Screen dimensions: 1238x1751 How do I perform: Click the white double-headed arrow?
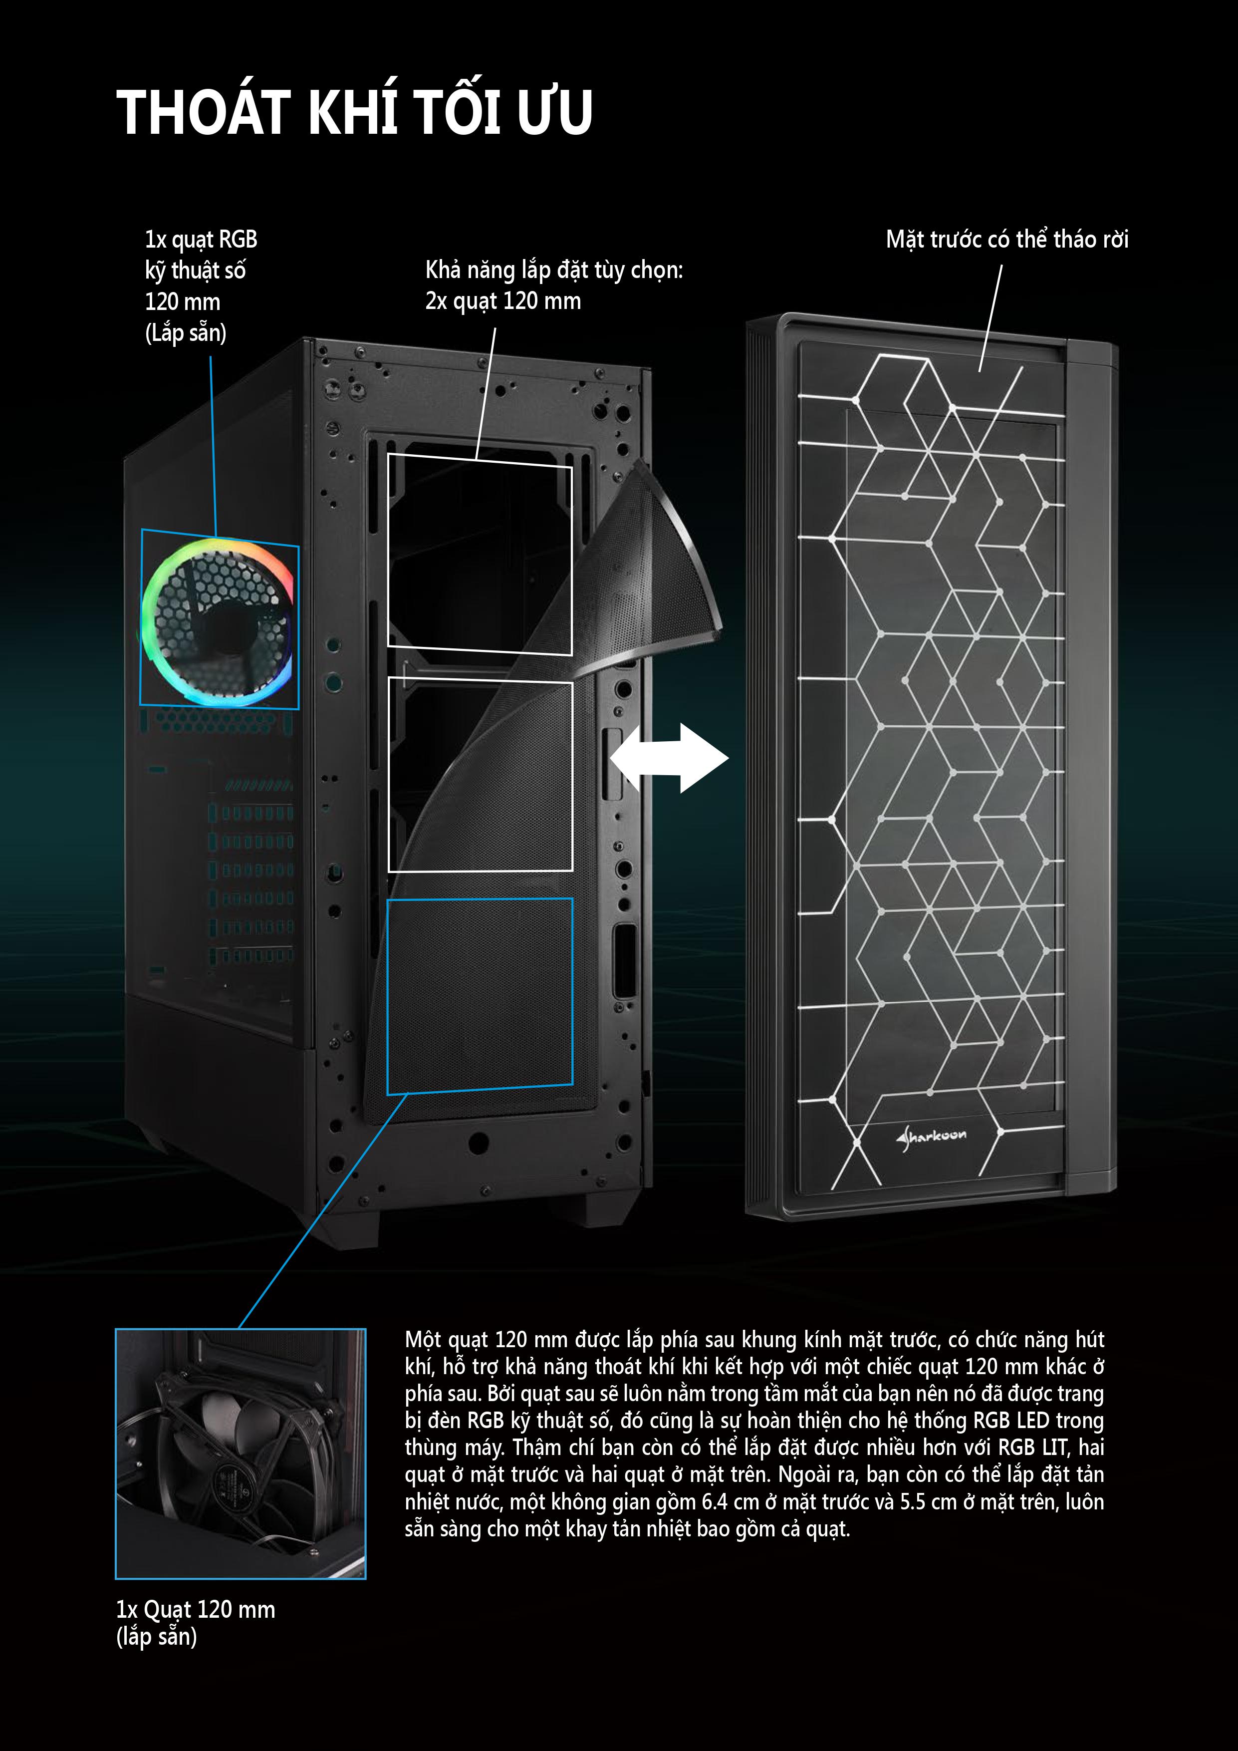(x=669, y=758)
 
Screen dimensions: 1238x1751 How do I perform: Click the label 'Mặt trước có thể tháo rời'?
(x=1007, y=240)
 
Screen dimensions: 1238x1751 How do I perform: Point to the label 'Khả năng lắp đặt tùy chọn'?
(x=554, y=270)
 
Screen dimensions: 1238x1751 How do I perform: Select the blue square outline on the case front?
(x=480, y=996)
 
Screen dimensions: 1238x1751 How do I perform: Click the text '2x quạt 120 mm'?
(x=503, y=301)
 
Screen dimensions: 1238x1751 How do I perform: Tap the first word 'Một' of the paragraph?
(x=422, y=1340)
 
